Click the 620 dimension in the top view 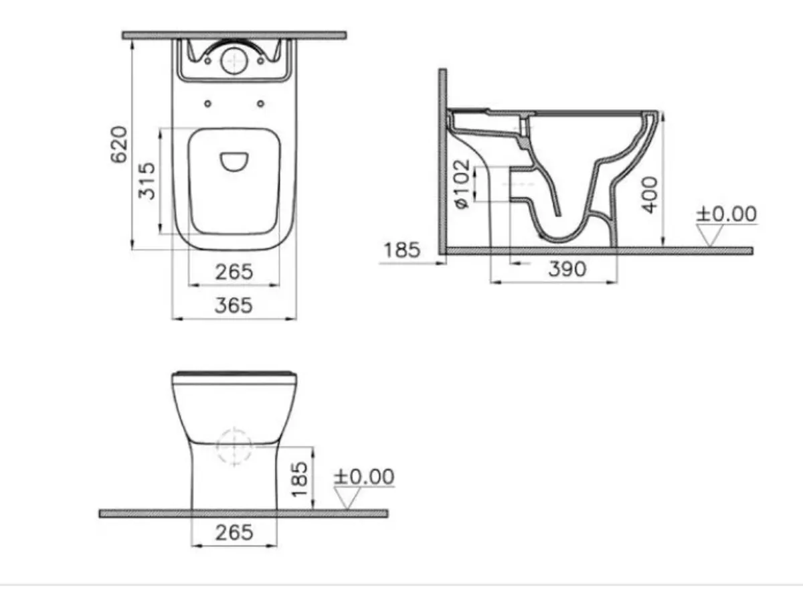(118, 143)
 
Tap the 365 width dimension (234, 305)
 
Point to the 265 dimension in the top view (234, 272)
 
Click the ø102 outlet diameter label (462, 183)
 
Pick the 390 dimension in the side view (567, 269)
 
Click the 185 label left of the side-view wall (401, 250)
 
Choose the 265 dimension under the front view (234, 532)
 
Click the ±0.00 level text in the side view (726, 214)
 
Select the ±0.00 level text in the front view (364, 477)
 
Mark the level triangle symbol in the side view (709, 235)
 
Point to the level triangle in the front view (348, 498)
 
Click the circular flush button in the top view (234, 61)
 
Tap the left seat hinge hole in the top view (207, 103)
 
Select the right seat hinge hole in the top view (260, 103)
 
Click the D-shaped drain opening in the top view (234, 161)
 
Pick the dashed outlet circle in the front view (234, 445)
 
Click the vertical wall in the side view (442, 161)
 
